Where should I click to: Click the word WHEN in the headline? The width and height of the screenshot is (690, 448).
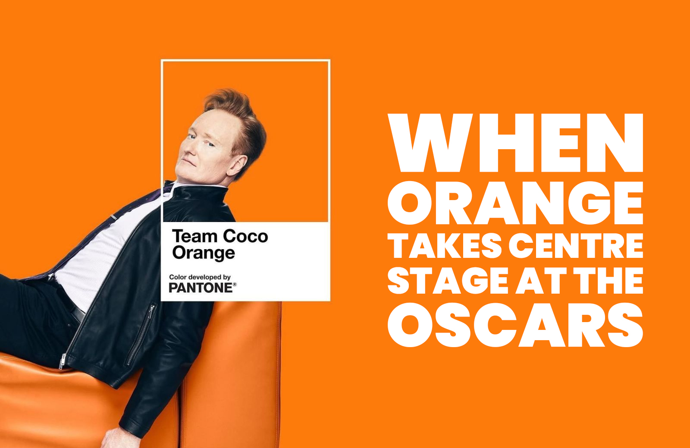(x=515, y=143)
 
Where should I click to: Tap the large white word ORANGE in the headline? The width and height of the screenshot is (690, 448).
(x=515, y=203)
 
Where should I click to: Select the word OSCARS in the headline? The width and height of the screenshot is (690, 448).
(x=515, y=325)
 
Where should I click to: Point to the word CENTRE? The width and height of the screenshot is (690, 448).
(x=576, y=245)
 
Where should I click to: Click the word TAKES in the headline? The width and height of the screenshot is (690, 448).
(x=445, y=245)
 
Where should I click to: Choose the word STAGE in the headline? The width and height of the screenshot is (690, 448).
(x=448, y=281)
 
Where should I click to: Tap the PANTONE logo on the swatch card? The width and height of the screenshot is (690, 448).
(x=201, y=288)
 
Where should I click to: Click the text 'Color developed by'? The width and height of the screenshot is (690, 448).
(x=200, y=277)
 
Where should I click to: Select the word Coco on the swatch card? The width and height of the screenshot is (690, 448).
(x=245, y=236)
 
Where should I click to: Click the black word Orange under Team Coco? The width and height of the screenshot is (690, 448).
(x=203, y=253)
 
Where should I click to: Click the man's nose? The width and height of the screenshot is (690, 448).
(x=187, y=149)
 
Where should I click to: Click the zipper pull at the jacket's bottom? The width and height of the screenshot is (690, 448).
(x=63, y=361)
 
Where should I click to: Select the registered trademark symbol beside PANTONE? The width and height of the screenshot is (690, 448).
(x=235, y=285)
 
